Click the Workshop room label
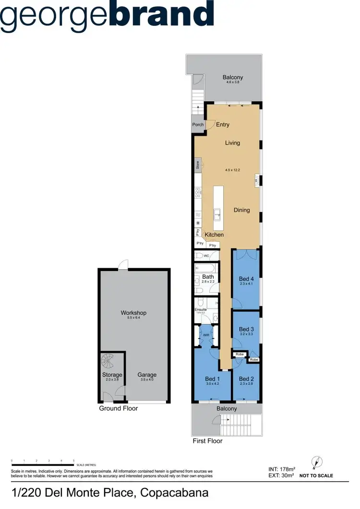(133, 313)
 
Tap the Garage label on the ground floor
(147, 375)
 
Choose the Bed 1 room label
(212, 379)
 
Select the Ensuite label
(201, 309)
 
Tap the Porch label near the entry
(198, 125)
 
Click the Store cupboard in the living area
(197, 166)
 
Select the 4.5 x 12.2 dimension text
(232, 170)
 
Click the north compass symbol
(315, 462)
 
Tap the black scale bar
(42, 464)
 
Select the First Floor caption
(207, 440)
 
